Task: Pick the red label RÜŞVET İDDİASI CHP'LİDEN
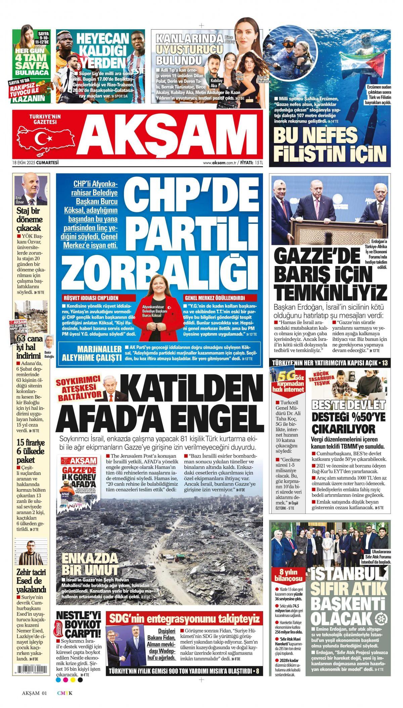(x=91, y=298)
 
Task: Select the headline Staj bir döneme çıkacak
(x=30, y=220)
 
